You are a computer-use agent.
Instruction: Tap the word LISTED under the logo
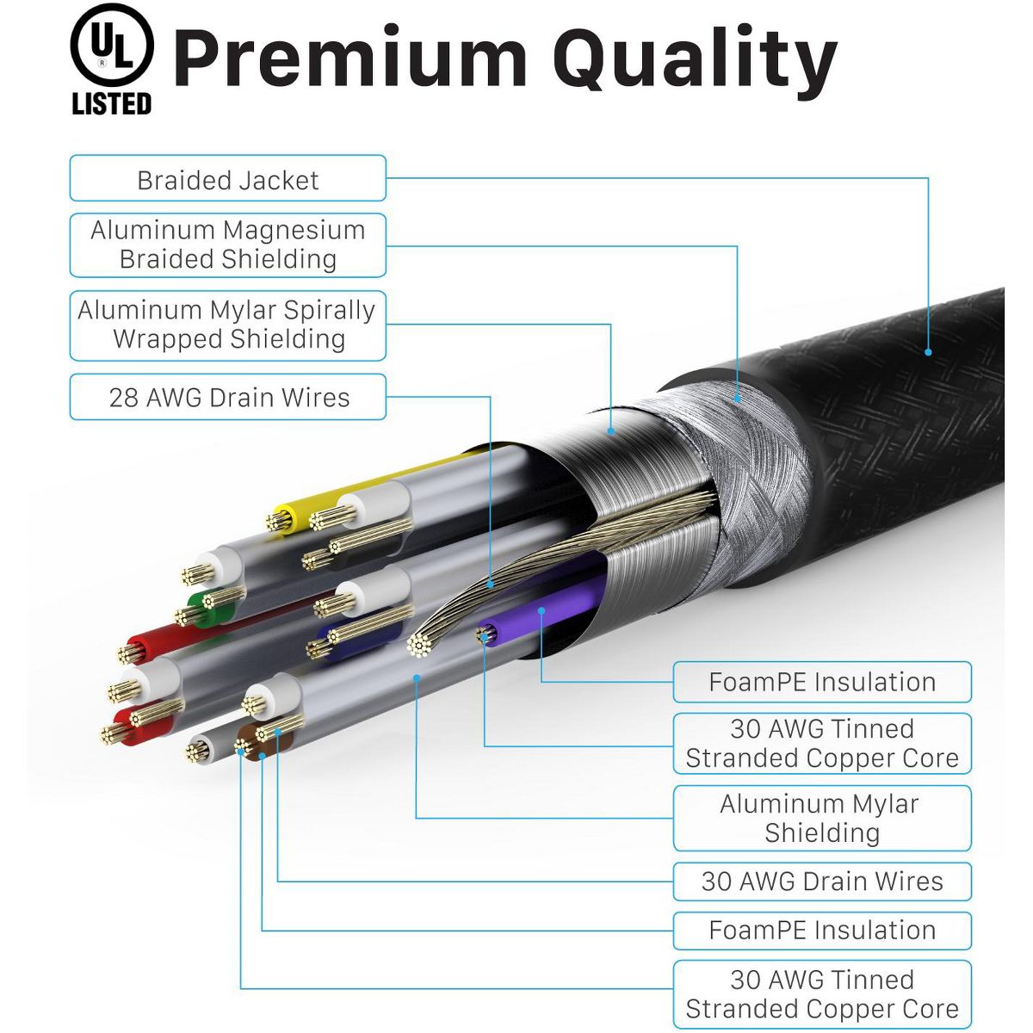tap(112, 104)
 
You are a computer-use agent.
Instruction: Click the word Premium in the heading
tap(349, 59)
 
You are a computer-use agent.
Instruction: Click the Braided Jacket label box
tap(227, 179)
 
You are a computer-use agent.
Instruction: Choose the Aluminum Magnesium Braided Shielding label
tap(227, 245)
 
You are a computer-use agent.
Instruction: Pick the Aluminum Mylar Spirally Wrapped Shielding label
tap(227, 325)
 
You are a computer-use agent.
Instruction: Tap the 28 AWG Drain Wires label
tap(227, 397)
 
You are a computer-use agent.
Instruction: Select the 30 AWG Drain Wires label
tap(821, 881)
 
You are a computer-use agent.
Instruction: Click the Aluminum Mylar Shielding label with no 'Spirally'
tap(821, 818)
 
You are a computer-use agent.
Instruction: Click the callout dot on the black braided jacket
tap(928, 351)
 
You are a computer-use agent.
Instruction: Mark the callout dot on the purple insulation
tap(541, 611)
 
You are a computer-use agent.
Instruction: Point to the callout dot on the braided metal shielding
tap(737, 399)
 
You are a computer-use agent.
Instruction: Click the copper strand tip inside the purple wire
tap(486, 635)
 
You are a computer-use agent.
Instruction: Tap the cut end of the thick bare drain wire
tap(419, 644)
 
